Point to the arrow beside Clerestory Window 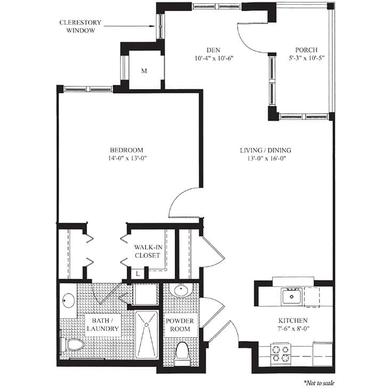pyautogui.click(x=133, y=23)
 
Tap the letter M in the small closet pyautogui.click(x=144, y=71)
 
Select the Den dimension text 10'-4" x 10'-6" pyautogui.click(x=215, y=59)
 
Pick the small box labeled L pyautogui.click(x=137, y=273)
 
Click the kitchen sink pyautogui.click(x=292, y=296)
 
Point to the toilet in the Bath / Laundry pyautogui.click(x=72, y=345)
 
